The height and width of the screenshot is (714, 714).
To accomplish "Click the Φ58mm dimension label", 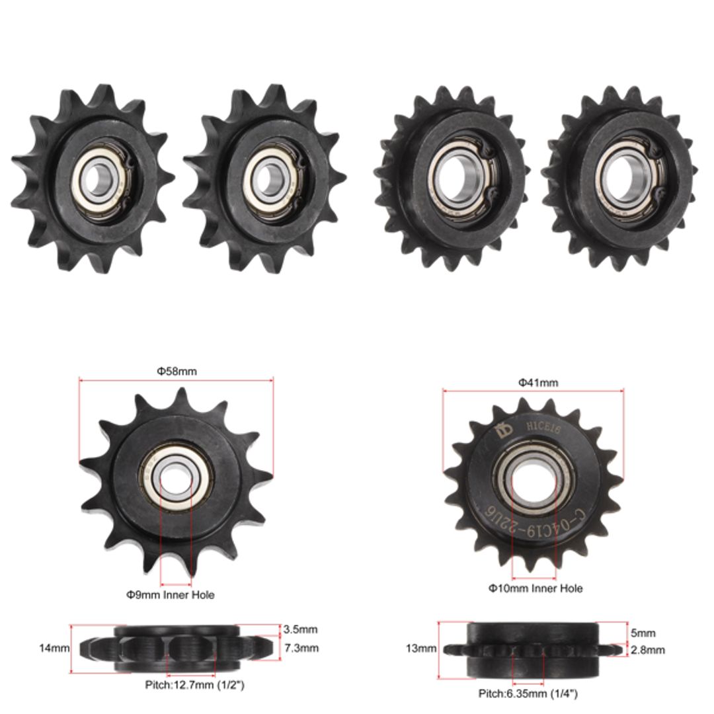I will tap(177, 372).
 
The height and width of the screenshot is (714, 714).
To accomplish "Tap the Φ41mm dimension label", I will tap(537, 382).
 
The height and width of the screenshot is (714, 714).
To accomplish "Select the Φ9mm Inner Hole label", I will tap(171, 594).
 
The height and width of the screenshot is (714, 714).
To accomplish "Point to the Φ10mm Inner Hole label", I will tap(535, 588).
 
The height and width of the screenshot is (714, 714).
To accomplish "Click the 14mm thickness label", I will tap(55, 649).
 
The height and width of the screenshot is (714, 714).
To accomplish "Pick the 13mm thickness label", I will tap(421, 649).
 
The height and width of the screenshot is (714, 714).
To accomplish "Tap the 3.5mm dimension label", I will tap(300, 629).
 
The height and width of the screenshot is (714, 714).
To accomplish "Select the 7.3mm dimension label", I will tap(300, 648).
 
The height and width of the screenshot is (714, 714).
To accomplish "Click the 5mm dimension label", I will tap(642, 633).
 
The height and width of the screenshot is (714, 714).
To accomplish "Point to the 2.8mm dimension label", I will tap(647, 650).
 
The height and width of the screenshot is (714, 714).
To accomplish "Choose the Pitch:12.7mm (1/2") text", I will tap(194, 685).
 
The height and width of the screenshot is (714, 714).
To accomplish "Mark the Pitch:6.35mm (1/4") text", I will tap(528, 694).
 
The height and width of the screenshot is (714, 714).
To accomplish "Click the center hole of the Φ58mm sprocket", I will tap(175, 476).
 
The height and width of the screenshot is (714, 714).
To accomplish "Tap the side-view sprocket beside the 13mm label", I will tap(533, 650).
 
